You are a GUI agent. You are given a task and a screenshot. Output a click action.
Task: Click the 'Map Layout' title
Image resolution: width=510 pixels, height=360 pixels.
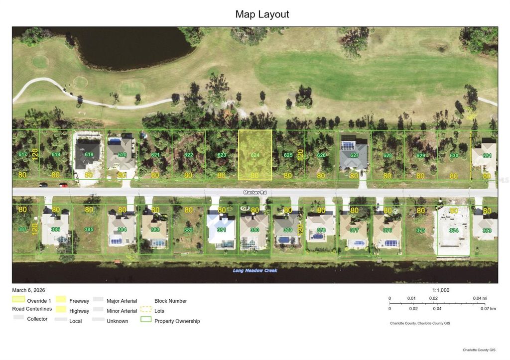click(x=262, y=14)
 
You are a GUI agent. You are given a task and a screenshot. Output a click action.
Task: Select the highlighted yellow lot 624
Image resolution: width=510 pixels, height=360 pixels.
click(x=255, y=155)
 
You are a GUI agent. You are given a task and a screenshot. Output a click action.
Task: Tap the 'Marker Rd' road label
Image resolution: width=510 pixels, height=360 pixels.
click(x=255, y=192)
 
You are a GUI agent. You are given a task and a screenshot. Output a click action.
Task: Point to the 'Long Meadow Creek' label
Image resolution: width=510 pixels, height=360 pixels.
click(x=255, y=270)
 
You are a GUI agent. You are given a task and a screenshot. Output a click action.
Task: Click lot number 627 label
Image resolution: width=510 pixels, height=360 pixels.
click(x=354, y=155)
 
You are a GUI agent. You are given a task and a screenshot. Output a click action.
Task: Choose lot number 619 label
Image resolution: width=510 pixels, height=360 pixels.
click(x=89, y=154)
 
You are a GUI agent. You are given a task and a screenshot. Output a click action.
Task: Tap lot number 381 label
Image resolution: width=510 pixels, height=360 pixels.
click(x=222, y=230)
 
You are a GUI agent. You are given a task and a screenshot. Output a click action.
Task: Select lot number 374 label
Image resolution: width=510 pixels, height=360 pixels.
click(x=453, y=230)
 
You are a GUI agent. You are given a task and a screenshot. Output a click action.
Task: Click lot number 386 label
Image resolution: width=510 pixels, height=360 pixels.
click(x=56, y=230)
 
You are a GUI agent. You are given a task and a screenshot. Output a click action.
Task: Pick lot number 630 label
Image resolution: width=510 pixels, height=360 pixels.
click(x=454, y=155)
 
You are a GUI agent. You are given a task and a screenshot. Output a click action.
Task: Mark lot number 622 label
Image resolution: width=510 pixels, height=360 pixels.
click(x=188, y=155)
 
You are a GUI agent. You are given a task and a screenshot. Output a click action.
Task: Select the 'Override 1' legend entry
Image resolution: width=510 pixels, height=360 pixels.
click(x=39, y=301)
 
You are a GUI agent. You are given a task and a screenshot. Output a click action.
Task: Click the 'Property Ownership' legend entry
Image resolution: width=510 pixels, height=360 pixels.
click(x=177, y=321)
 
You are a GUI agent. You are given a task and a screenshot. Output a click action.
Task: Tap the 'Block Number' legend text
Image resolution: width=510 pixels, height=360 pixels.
click(x=171, y=301)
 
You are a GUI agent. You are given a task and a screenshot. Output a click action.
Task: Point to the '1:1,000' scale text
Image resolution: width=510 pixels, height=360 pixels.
click(x=441, y=290)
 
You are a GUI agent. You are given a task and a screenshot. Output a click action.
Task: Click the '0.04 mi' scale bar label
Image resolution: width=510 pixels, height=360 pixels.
click(x=480, y=298)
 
